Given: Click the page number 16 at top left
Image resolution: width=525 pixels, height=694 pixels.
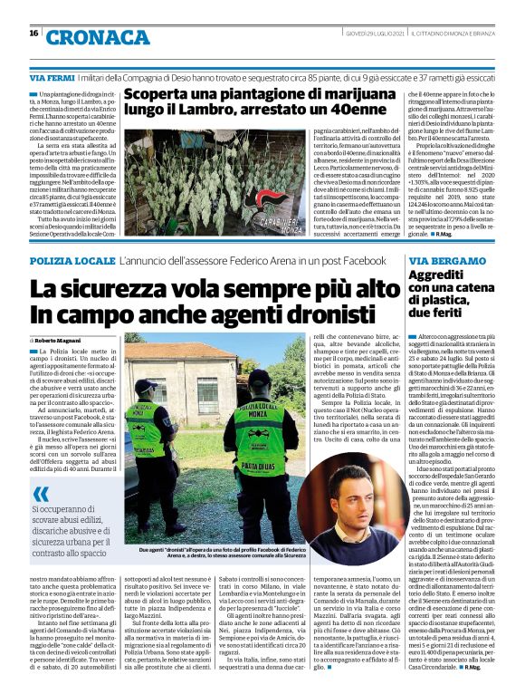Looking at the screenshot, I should [x=33, y=34].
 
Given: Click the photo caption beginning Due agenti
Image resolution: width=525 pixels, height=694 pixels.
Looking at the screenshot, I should [x=217, y=551].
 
